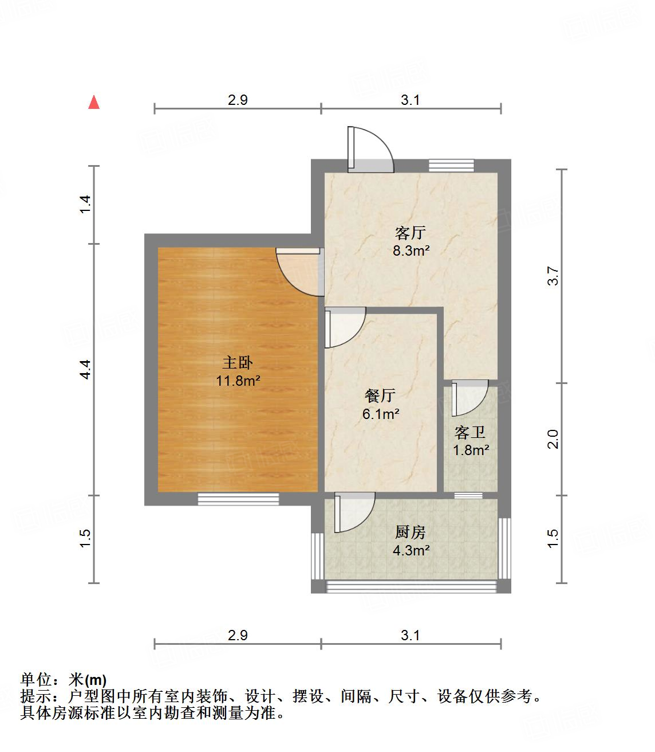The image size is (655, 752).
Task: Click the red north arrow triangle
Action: [x=94, y=103]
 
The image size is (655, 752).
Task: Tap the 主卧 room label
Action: [x=238, y=363]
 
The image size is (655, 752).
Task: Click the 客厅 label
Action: [x=411, y=233]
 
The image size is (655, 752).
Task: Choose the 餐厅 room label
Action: [x=380, y=395]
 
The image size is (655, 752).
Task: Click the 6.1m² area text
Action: [x=381, y=413]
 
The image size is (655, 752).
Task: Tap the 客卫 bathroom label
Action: [x=470, y=432]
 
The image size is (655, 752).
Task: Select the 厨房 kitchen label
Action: [x=411, y=532]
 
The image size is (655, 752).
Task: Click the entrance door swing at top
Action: [x=370, y=149]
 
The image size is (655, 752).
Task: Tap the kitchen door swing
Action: [x=354, y=512]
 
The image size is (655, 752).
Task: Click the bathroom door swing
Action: [x=469, y=398]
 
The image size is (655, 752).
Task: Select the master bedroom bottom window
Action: [x=238, y=499]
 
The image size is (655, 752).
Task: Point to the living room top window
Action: [x=451, y=165]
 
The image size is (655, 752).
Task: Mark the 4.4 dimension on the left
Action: [x=85, y=369]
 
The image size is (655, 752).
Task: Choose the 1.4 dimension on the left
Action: [x=85, y=205]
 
